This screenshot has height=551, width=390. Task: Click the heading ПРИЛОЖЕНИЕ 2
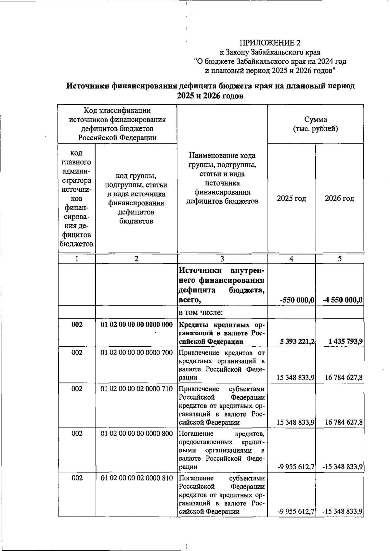(x=270, y=43)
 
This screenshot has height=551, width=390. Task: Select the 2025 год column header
(x=291, y=199)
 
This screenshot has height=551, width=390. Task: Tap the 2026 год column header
(x=339, y=199)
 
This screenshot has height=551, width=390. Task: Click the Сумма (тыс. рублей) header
(x=315, y=124)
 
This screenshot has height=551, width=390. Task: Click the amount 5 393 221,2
(x=297, y=341)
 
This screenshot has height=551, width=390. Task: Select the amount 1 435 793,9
(x=345, y=341)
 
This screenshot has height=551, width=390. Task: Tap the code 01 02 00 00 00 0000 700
(x=136, y=352)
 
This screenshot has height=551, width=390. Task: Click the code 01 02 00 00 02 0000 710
(x=136, y=389)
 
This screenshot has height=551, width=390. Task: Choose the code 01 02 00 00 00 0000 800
(x=136, y=433)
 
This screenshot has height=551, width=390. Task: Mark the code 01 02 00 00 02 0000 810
(x=136, y=478)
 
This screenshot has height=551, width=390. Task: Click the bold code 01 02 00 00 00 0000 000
(x=136, y=325)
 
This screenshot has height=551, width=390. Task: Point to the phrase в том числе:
(x=201, y=313)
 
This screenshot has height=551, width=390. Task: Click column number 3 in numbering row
(x=222, y=259)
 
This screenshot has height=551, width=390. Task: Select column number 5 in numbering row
(x=340, y=259)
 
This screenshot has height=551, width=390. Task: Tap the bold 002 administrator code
(x=77, y=325)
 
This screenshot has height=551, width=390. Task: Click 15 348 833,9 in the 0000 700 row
(x=295, y=378)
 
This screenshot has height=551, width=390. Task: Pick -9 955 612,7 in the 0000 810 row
(x=296, y=511)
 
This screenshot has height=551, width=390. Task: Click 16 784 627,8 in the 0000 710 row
(x=344, y=422)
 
